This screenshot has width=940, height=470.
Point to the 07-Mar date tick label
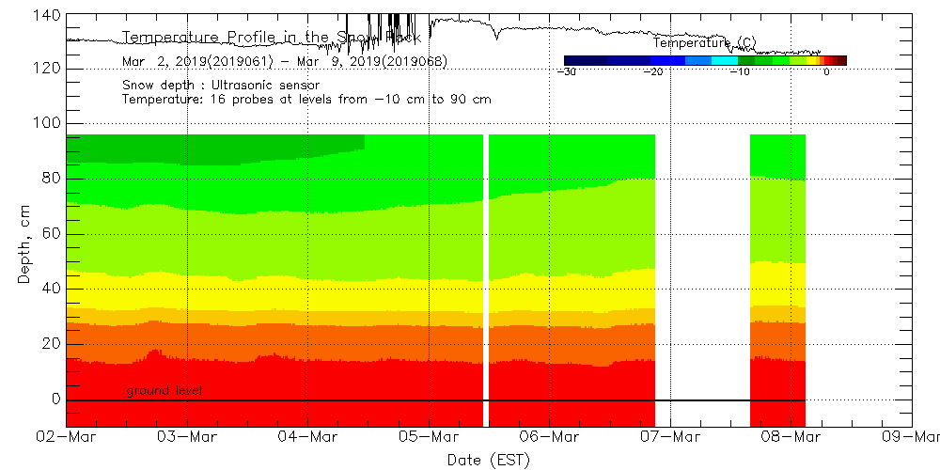[x=669, y=436]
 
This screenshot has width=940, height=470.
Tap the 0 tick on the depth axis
[x=55, y=399]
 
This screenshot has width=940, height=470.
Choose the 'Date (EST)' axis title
[x=488, y=459]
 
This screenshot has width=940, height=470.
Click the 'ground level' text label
[x=164, y=390]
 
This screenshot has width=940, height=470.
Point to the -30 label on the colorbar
[x=566, y=71]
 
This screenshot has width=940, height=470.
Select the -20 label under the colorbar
[x=652, y=71]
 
